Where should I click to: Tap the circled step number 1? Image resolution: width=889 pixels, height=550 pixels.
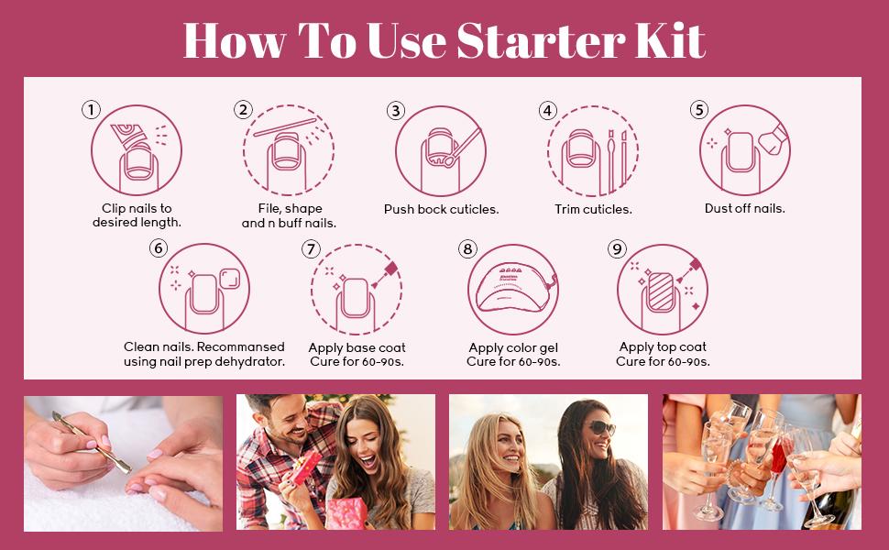(92, 109)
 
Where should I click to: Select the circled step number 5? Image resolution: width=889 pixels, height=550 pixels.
(699, 109)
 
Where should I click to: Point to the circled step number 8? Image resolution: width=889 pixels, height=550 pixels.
(467, 249)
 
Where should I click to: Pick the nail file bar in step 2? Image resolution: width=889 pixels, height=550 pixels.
(285, 127)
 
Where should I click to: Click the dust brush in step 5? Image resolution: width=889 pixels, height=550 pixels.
(774, 139)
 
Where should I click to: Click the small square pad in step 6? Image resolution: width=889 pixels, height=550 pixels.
(230, 279)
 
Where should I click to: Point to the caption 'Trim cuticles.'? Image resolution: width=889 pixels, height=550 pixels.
(593, 209)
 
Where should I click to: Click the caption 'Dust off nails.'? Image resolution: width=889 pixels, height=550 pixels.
(744, 208)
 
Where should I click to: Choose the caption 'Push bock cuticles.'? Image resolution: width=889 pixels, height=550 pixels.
(441, 209)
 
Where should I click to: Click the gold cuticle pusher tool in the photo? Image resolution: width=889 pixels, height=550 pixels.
(92, 443)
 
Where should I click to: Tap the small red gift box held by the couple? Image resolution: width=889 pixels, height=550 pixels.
(307, 466)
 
